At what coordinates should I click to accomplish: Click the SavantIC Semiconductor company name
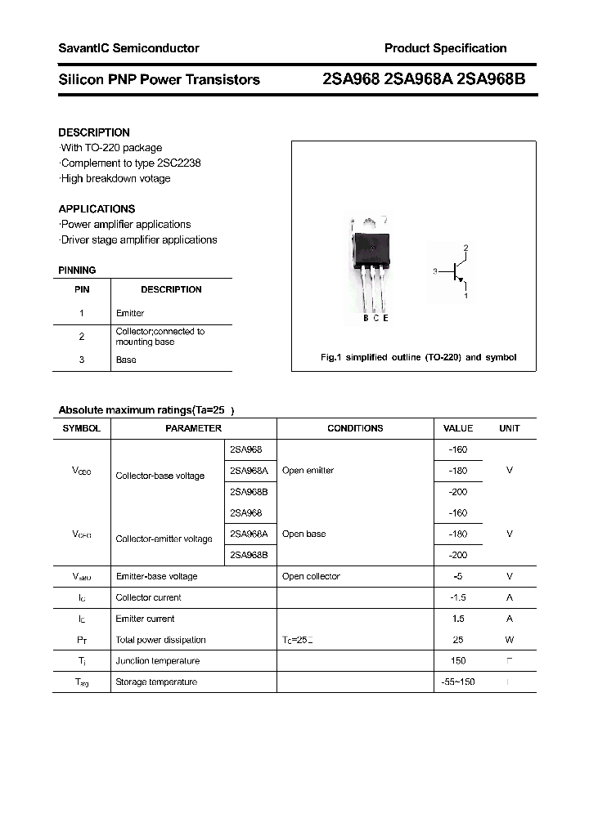(x=128, y=48)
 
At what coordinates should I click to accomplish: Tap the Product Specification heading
(x=445, y=48)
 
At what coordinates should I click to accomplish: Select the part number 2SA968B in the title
(x=497, y=79)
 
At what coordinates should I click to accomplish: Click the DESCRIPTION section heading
(x=94, y=132)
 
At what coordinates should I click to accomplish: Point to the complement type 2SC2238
(x=175, y=163)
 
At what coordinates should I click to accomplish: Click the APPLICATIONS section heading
(x=97, y=208)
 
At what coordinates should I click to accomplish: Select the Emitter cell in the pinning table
(x=130, y=313)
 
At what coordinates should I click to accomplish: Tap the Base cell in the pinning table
(x=126, y=360)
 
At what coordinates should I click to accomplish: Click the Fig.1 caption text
(x=417, y=358)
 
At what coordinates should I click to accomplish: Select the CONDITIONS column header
(x=355, y=428)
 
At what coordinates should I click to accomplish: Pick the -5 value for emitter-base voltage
(x=458, y=576)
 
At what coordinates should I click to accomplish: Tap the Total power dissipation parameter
(x=160, y=640)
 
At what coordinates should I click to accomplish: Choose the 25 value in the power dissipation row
(x=458, y=640)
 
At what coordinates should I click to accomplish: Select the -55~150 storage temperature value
(x=458, y=682)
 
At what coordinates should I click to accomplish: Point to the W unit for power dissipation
(x=510, y=640)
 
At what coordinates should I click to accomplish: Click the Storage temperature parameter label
(x=156, y=682)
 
